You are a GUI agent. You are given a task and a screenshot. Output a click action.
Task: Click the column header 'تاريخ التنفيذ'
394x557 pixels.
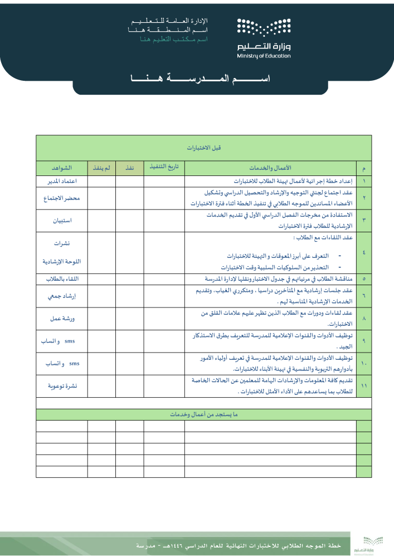(164, 167)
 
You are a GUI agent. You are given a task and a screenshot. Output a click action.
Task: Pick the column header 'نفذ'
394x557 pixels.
(130, 168)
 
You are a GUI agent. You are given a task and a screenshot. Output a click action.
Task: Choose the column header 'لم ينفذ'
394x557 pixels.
(101, 168)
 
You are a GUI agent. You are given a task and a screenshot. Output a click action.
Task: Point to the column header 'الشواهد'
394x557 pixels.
(61, 168)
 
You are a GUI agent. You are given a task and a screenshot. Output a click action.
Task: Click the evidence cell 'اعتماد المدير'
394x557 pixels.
(61, 181)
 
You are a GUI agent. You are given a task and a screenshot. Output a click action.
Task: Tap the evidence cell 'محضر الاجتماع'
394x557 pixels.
(61, 198)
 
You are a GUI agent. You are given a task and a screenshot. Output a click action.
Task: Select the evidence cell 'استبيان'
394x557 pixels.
(61, 221)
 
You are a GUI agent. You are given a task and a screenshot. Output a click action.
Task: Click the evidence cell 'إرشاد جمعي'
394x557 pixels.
(61, 296)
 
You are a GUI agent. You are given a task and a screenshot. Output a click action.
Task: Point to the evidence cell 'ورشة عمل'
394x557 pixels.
(61, 319)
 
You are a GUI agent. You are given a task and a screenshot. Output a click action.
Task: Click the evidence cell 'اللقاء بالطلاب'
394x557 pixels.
(61, 278)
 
